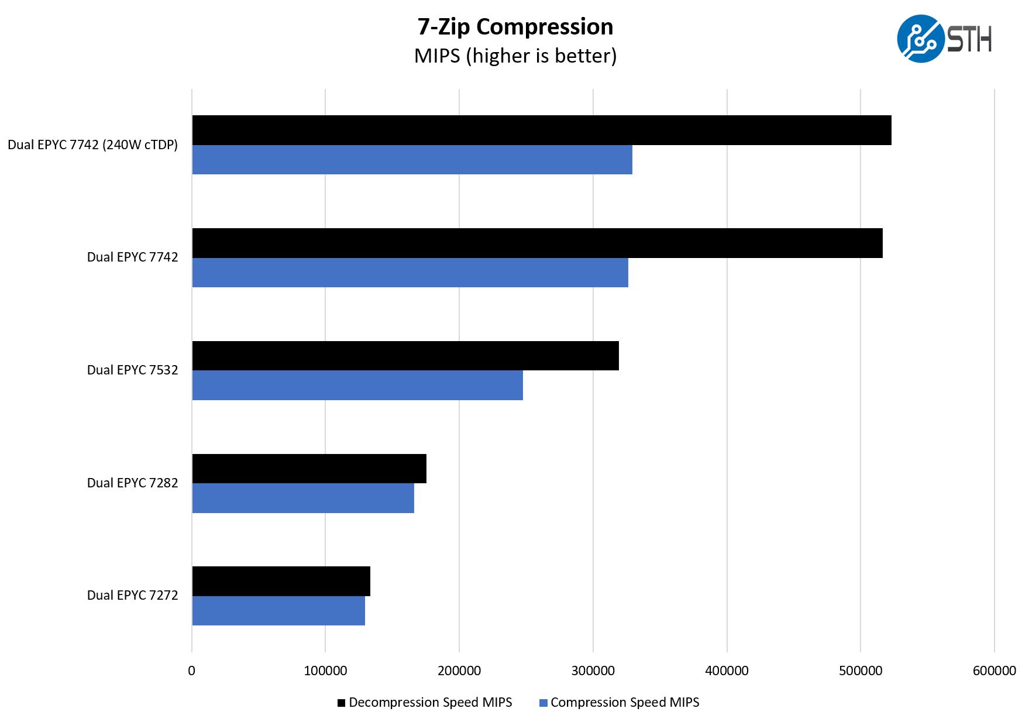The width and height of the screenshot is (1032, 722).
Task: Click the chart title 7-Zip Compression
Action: [x=515, y=27]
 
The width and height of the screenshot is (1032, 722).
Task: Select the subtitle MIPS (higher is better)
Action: [x=515, y=56]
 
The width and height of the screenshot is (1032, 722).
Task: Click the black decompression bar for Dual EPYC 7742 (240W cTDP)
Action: [x=541, y=130]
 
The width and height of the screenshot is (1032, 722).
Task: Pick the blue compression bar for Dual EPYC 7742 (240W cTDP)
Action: [x=412, y=160]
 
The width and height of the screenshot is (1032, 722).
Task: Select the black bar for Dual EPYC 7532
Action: [x=405, y=356]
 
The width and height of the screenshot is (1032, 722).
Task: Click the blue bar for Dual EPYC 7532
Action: [x=357, y=386]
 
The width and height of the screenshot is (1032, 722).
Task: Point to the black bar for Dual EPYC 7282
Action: [x=309, y=469]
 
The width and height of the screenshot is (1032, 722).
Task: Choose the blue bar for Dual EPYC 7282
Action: [x=302, y=498]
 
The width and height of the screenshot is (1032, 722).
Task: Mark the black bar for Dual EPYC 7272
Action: [x=281, y=581]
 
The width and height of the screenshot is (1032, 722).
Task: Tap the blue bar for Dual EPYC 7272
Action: [x=278, y=611]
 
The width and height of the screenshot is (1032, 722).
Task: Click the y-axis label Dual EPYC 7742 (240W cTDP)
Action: [x=92, y=145]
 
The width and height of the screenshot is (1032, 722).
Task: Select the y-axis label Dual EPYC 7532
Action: [x=132, y=370]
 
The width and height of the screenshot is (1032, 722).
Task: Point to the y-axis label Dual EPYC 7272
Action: [x=132, y=595]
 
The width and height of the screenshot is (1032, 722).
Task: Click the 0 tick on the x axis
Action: [x=191, y=671]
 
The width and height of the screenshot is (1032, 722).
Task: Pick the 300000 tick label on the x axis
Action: [x=593, y=671]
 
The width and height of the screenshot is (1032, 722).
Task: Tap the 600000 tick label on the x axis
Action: [x=994, y=671]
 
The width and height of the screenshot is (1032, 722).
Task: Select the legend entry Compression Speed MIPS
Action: [x=619, y=702]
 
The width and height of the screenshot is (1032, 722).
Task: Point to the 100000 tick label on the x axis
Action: [x=325, y=671]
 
